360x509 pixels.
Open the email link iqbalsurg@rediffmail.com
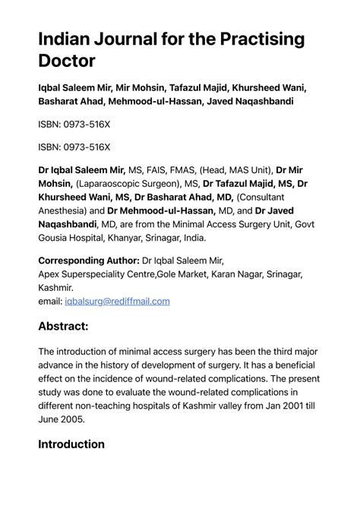tap(118, 301)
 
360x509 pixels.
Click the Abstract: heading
tap(74, 326)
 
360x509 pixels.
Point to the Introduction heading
tap(71, 444)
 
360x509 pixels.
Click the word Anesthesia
tap(65, 210)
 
